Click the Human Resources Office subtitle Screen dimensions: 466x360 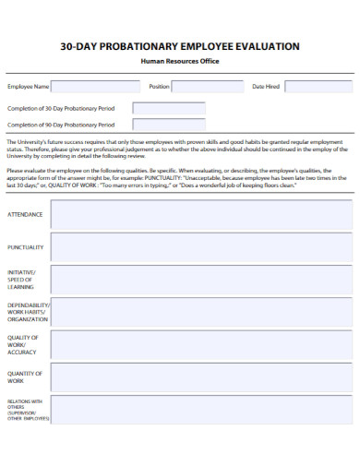[x=179, y=61]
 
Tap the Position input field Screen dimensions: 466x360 [x=208, y=87]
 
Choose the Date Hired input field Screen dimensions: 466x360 [x=318, y=87]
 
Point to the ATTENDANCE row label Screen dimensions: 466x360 [x=25, y=214]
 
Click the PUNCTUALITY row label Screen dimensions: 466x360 [x=26, y=247]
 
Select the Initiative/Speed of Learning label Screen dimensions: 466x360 [x=22, y=280]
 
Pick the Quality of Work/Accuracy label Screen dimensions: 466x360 [x=22, y=344]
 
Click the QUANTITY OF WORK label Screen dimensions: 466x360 [x=23, y=376]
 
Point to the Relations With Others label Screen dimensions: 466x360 [x=25, y=409]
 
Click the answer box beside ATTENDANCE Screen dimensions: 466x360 [x=200, y=214]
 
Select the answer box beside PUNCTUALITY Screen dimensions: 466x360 [x=200, y=246]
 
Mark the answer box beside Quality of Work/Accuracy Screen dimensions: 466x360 [x=200, y=343]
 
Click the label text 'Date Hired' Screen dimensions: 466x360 [x=266, y=87]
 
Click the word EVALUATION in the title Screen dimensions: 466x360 [x=265, y=45]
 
